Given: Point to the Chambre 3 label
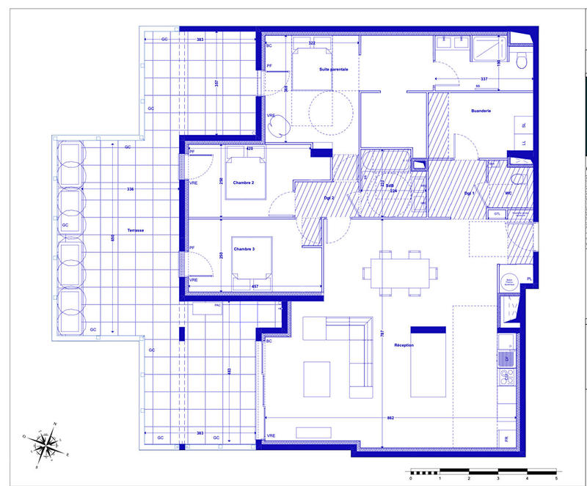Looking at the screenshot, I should click(x=244, y=249).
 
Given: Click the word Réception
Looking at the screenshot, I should click(x=404, y=345).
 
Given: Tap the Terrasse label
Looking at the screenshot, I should click(x=135, y=230).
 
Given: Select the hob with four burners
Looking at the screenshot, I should click(x=506, y=378).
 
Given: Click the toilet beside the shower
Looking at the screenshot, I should click(x=521, y=62).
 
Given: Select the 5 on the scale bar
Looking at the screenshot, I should click(x=555, y=478).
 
